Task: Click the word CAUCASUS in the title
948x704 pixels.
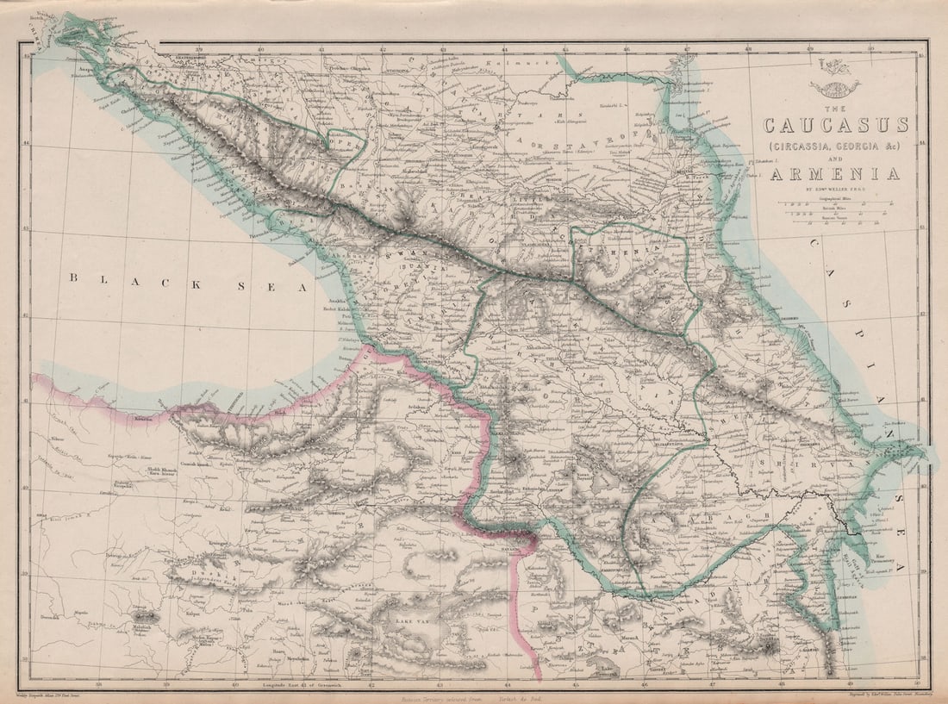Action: (x=835, y=124)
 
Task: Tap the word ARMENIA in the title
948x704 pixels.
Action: (x=835, y=174)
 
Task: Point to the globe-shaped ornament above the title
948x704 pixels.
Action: (x=833, y=87)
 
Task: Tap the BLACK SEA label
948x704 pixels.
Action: (x=189, y=278)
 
